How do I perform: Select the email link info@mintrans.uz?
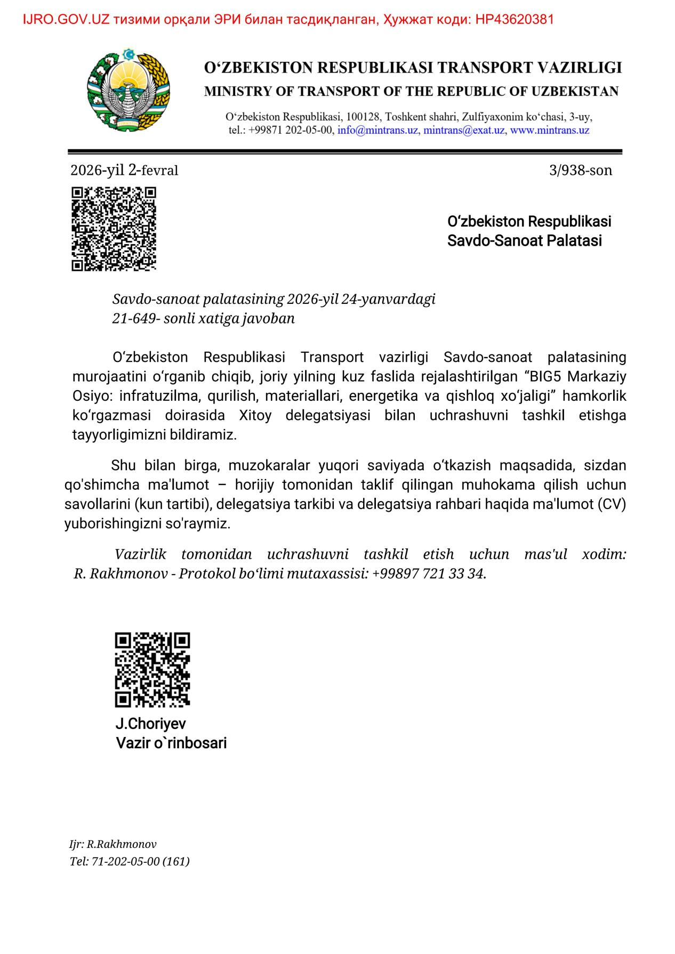377,130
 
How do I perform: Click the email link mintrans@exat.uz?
464,130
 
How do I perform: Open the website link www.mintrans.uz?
550,130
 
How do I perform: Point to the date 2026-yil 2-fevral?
124,170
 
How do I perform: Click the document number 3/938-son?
580,170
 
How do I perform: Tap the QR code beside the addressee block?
114,229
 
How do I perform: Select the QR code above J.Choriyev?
152,669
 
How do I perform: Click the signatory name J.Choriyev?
151,723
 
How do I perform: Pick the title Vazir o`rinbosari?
171,742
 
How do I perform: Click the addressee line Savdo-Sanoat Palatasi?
524,240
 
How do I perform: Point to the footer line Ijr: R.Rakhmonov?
113,844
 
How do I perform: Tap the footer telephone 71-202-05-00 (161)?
141,861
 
